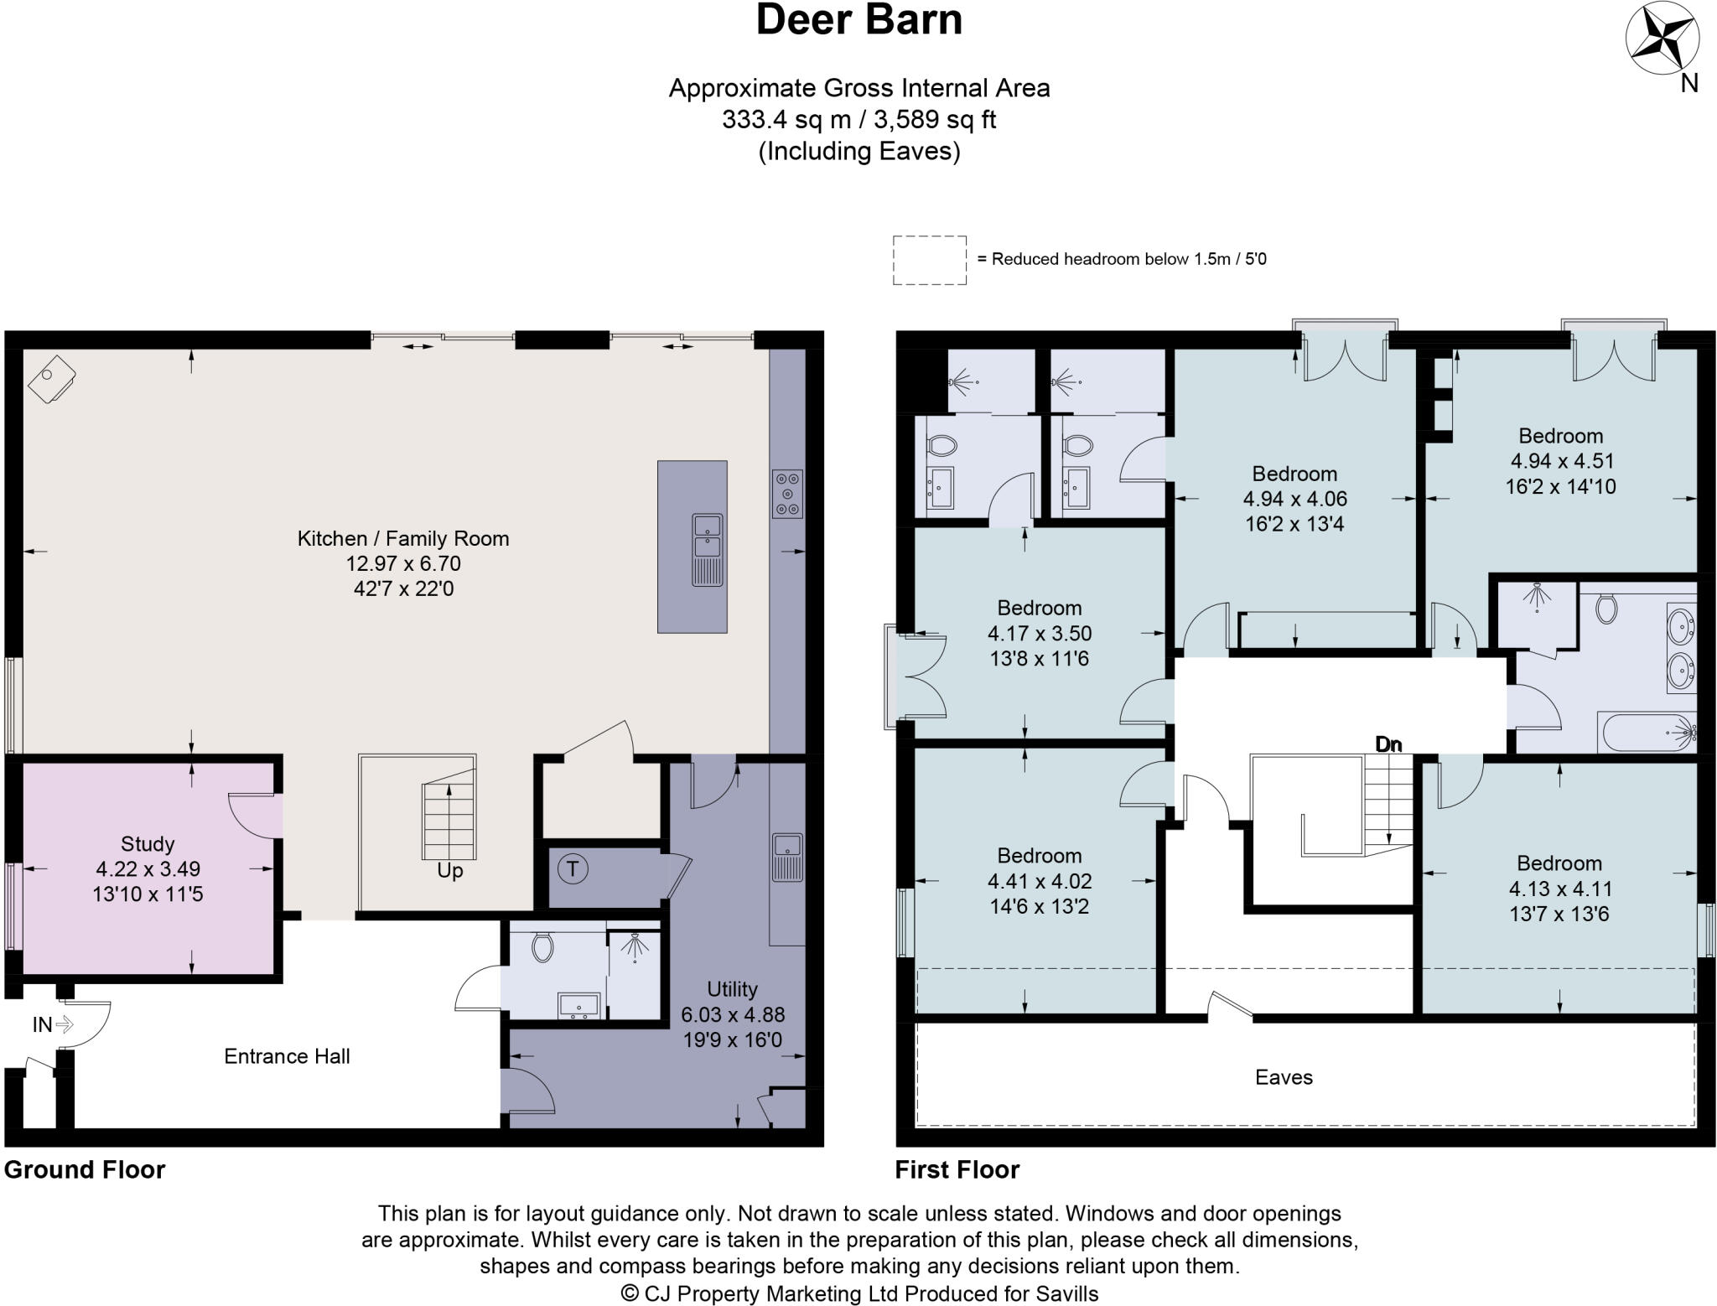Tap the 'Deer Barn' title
pos(858,20)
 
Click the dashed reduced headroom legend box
pos(929,261)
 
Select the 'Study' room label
pos(148,843)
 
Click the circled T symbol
pos(573,868)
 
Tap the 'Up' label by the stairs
pos(449,871)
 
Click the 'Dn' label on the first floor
pos(1388,744)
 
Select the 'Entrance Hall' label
pos(287,1056)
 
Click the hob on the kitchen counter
pos(786,493)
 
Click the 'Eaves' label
pos(1284,1077)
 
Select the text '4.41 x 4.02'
pos(1039,881)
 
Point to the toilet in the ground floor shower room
pos(542,948)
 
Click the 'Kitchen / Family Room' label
pos(403,538)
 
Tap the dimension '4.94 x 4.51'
pos(1561,461)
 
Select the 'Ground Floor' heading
pos(85,1169)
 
